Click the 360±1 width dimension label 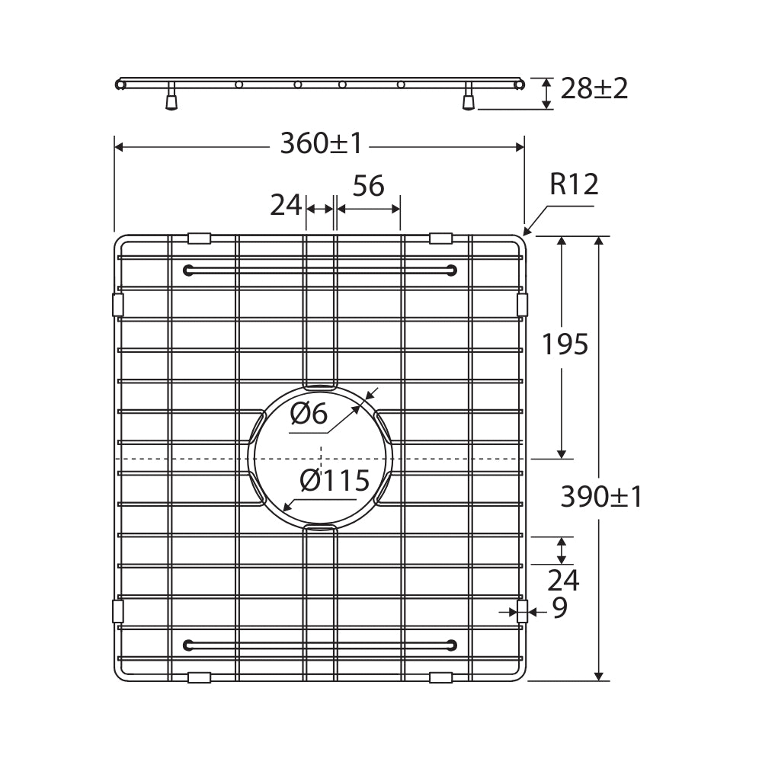[x=321, y=143]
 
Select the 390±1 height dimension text [x=601, y=497]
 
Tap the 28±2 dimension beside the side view [x=594, y=89]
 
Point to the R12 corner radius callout [x=574, y=184]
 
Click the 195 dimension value [x=565, y=345]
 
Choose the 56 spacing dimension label [x=368, y=186]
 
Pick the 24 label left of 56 [x=286, y=205]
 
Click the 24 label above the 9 [x=563, y=581]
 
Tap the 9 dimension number [x=559, y=608]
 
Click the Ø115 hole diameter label [x=335, y=481]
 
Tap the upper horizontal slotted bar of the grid [x=320, y=270]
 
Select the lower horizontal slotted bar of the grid [x=320, y=645]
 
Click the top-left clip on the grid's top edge [x=199, y=238]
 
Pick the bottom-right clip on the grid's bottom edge [x=440, y=677]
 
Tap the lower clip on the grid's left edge [x=117, y=611]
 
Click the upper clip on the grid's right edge [x=522, y=305]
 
